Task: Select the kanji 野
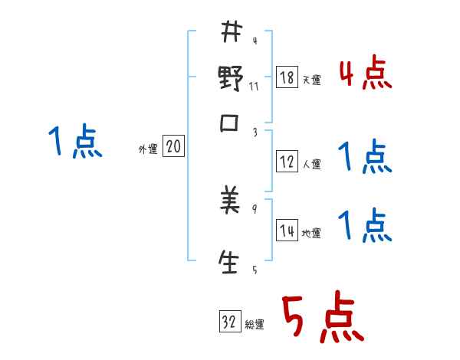[x=231, y=80]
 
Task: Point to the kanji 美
[x=231, y=203]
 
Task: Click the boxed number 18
[x=287, y=78]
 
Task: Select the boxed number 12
[x=287, y=162]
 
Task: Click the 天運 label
[x=311, y=80]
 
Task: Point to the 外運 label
[x=147, y=149]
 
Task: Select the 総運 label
[x=255, y=324]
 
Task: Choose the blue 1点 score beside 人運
[x=365, y=158]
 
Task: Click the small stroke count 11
[x=254, y=86]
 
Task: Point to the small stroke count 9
[x=254, y=208]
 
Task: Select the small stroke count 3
[x=254, y=133]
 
